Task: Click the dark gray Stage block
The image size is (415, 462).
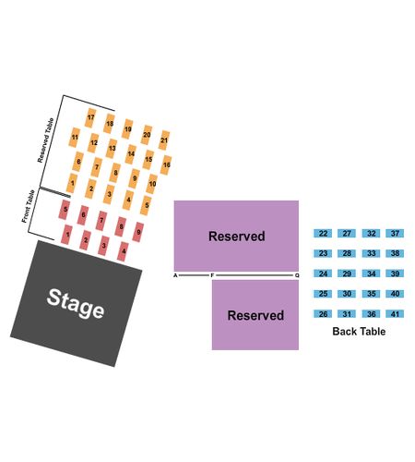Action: click(x=77, y=303)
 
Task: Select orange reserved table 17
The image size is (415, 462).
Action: click(x=90, y=117)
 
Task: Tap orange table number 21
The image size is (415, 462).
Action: click(x=164, y=140)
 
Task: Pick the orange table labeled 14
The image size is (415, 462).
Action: click(x=131, y=154)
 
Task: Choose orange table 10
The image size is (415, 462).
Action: click(x=152, y=184)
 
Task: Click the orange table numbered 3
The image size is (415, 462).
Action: click(x=109, y=194)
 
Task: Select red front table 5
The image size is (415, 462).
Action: click(x=65, y=210)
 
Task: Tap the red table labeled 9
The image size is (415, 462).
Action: click(x=138, y=232)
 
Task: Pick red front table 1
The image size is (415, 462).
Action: click(x=67, y=235)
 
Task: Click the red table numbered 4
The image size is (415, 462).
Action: click(x=123, y=251)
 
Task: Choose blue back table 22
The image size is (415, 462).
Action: click(x=323, y=233)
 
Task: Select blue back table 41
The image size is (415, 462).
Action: click(x=395, y=314)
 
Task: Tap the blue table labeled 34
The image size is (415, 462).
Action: click(x=371, y=274)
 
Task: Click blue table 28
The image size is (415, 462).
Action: click(x=347, y=253)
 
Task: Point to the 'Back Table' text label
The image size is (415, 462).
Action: click(x=359, y=332)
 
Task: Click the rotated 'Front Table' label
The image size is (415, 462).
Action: click(x=28, y=206)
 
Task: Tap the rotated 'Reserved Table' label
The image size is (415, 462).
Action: click(x=45, y=140)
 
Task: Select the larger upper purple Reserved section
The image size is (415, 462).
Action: click(x=236, y=236)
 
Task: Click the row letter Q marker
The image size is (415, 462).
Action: click(x=297, y=275)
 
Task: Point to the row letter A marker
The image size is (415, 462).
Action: click(x=175, y=275)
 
